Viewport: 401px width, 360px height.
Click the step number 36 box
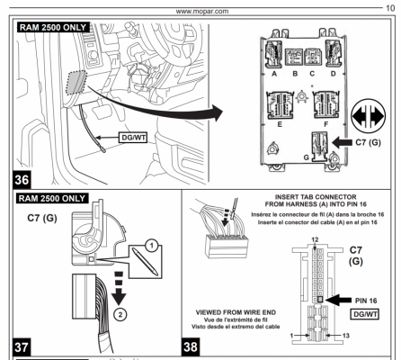22,180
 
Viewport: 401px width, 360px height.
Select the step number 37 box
22,347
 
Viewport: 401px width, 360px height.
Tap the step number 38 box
191,347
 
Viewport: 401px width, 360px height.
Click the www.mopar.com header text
202,12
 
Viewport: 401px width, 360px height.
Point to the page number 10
390,8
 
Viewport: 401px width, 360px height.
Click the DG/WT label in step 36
133,138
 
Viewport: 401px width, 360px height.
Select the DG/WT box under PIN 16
365,314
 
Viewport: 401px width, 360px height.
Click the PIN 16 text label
366,301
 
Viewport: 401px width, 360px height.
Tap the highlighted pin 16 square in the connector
320,299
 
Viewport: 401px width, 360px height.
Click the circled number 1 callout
151,246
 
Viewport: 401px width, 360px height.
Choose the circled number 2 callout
120,314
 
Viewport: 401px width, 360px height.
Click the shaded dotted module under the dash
76,83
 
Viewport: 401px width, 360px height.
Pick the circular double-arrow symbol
368,115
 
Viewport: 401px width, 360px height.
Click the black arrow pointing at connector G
343,142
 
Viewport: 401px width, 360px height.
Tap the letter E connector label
280,124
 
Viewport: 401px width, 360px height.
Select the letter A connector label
274,74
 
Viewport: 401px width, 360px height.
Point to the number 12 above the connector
315,239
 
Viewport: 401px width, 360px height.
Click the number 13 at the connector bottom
346,336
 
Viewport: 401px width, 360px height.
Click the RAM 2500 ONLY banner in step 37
52,199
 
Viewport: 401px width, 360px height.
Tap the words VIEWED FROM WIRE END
236,312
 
